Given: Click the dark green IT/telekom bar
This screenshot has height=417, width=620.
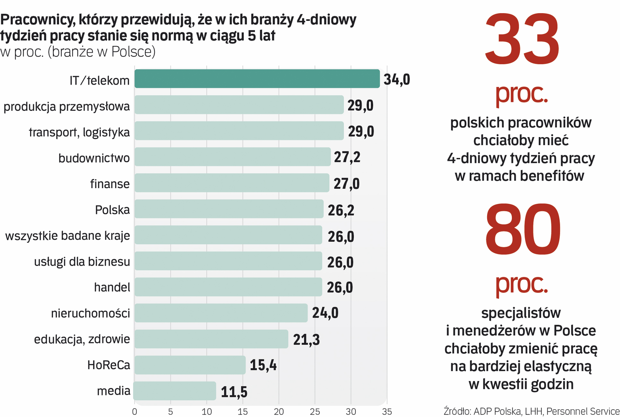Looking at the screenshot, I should point(257,79).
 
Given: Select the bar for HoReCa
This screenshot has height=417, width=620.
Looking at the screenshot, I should point(190,365).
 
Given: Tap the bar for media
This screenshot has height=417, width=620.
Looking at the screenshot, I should point(175,391).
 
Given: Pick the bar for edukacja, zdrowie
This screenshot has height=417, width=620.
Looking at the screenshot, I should point(211,339).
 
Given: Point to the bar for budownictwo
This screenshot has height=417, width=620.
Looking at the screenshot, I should point(233,157).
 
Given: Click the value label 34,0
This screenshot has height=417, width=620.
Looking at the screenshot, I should point(397,80).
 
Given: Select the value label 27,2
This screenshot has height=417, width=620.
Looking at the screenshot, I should point(347,157).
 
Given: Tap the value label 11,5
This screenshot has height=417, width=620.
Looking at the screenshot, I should point(234,392).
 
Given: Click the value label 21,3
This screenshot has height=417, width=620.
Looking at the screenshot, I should point(306,340).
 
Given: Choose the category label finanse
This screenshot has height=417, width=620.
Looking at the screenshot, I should point(110,184).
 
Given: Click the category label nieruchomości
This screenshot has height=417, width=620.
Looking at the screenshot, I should point(90,313).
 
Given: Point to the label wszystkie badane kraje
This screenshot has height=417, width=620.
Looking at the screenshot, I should point(68,236).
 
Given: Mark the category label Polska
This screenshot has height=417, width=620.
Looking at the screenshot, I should point(112,210).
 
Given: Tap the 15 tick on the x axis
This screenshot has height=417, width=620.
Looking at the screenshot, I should point(243,412).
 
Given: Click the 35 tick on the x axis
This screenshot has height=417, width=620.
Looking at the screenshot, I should point(387,412).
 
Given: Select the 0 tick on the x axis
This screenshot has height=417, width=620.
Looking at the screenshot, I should point(134,412).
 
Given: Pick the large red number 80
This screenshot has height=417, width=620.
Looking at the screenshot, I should point(522,230).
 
